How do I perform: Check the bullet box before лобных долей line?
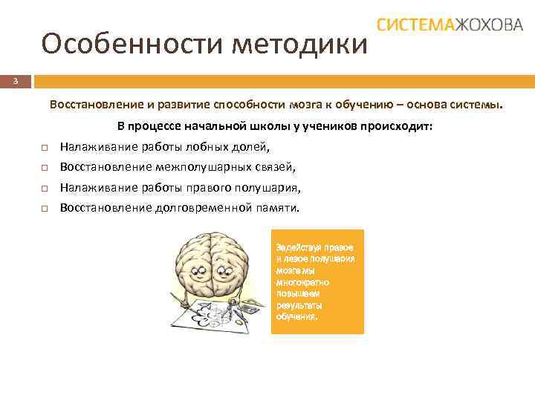(45, 148)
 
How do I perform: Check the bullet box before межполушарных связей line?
(45, 168)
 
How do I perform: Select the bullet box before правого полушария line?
(45, 189)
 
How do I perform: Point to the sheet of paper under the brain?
(206, 316)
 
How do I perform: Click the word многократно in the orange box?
(302, 283)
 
